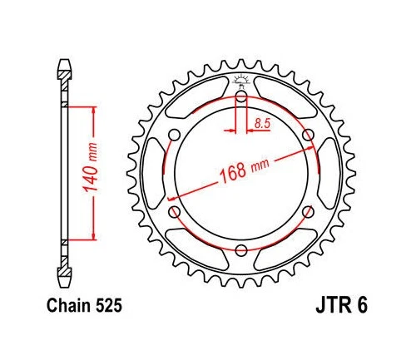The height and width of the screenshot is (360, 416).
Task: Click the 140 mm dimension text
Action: pos(94,174)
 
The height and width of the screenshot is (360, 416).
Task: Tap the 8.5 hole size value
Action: pos(262,123)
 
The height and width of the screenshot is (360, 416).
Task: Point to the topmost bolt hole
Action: pos(241,97)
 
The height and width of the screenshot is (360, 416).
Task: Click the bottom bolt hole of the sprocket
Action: pos(241,250)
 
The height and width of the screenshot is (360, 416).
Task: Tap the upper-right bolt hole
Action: pos(308,136)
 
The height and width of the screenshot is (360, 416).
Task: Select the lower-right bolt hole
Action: pos(308,212)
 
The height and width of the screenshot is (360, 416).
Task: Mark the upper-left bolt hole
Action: pos(175,136)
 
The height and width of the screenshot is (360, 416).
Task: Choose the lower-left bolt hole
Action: pos(175,212)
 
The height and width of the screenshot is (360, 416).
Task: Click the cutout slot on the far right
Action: pos(330,174)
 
